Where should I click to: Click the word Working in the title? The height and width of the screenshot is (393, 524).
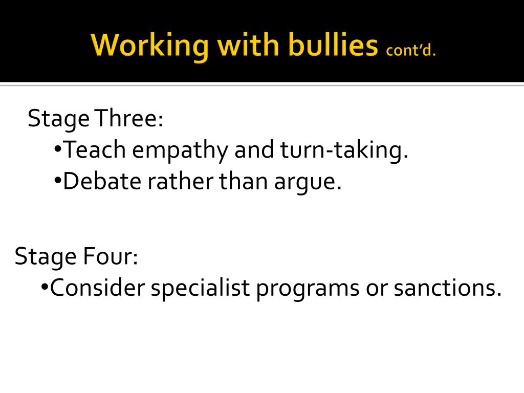click(x=150, y=46)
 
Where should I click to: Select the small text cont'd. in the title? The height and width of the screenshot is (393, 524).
click(x=411, y=50)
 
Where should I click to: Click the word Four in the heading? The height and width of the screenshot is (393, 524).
click(x=111, y=256)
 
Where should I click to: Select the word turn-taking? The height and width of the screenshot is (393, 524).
click(x=344, y=150)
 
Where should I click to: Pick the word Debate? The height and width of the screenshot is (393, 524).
click(x=102, y=181)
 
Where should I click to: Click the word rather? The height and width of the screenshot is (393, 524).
click(x=180, y=181)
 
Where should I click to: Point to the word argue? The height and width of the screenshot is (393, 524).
click(x=308, y=183)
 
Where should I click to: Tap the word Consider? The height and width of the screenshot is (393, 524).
click(x=98, y=288)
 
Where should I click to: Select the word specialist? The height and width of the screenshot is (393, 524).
click(x=200, y=289)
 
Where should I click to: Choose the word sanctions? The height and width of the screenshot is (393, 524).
click(x=447, y=288)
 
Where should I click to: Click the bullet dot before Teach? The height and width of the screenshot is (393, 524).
click(x=58, y=149)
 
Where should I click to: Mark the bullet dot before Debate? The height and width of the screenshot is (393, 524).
click(x=58, y=181)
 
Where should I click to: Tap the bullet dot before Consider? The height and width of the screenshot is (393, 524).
click(x=45, y=287)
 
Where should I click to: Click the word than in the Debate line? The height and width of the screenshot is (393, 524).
click(x=243, y=181)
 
